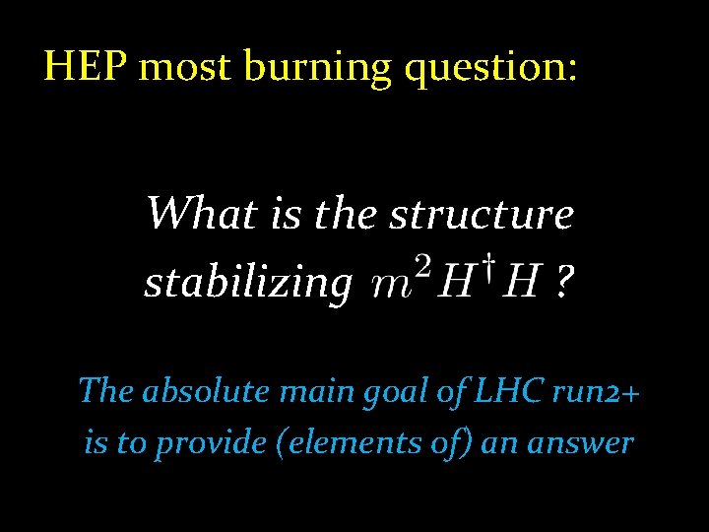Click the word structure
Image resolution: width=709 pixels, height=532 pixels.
click(482, 213)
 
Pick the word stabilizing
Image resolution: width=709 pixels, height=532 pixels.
click(247, 285)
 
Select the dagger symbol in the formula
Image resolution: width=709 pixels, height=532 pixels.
click(488, 267)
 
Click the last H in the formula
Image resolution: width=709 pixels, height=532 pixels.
click(522, 285)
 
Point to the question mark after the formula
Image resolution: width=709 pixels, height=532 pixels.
click(563, 285)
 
